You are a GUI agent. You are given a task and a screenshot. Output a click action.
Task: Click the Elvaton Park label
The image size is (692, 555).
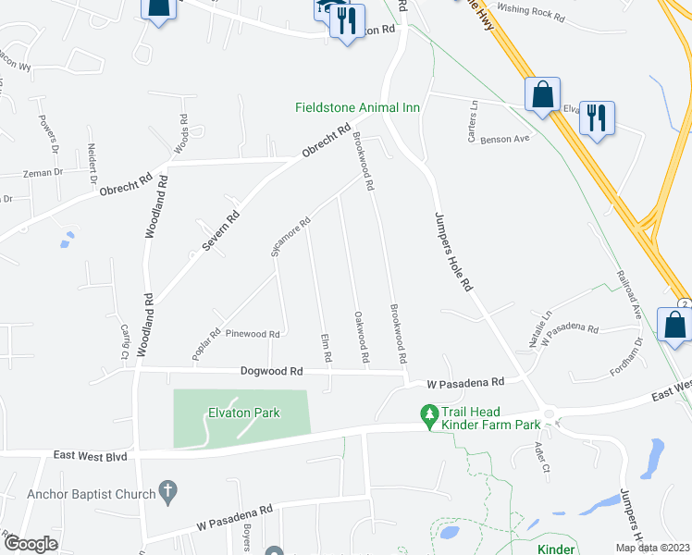(243, 413)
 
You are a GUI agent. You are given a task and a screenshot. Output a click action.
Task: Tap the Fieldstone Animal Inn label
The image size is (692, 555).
(358, 108)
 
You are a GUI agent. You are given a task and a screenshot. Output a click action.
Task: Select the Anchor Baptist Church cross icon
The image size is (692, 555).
(167, 493)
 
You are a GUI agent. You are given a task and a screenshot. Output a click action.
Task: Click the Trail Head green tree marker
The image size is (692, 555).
(428, 418)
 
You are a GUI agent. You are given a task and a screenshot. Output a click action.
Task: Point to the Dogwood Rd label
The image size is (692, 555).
(271, 371)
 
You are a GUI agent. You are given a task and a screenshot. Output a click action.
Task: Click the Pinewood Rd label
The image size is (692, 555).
(253, 334)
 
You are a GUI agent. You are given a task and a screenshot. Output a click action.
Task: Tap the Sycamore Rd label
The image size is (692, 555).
(290, 235)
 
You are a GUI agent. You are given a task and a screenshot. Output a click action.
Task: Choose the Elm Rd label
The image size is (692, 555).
(325, 349)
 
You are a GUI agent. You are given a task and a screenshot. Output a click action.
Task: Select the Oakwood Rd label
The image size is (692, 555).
(362, 336)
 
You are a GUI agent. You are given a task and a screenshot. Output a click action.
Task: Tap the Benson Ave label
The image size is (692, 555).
(508, 139)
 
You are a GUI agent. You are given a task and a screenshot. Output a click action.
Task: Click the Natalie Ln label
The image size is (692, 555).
(540, 328)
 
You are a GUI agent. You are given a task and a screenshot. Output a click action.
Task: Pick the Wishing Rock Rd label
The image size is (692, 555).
(530, 12)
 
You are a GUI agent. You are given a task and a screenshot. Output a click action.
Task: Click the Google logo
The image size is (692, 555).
(30, 544)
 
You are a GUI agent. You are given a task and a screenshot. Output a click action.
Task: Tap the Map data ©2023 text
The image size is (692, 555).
(652, 548)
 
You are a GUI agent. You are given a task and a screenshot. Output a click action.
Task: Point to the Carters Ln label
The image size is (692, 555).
(474, 117)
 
